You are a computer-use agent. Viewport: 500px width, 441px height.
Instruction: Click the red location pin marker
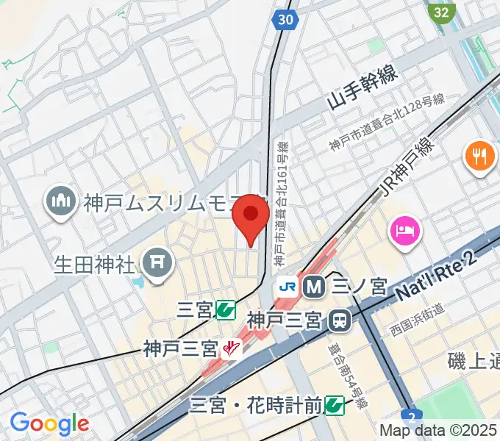[251, 217]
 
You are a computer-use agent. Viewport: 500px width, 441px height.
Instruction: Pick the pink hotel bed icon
[405, 231]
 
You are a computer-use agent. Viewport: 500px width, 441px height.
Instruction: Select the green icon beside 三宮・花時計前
[335, 404]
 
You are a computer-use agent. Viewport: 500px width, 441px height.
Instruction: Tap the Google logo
[49, 423]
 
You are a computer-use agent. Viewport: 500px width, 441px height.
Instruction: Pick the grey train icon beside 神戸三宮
[340, 320]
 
